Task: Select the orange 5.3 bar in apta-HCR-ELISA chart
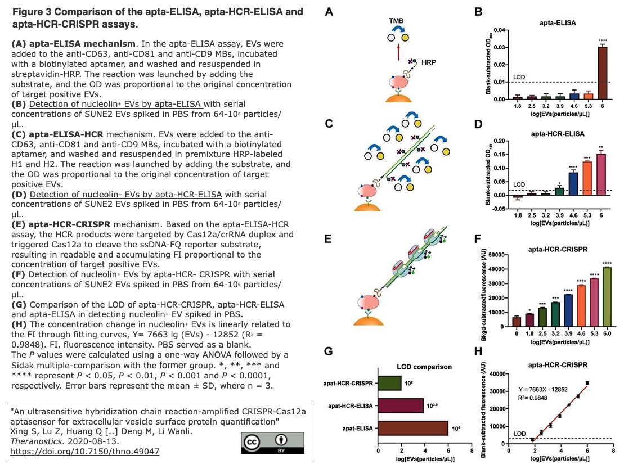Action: click(x=587, y=178)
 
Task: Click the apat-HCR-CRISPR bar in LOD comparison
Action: click(x=389, y=383)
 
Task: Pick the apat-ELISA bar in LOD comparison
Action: click(x=413, y=429)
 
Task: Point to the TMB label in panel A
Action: click(x=396, y=21)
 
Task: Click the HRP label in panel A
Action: click(x=429, y=62)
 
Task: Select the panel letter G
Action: click(x=329, y=350)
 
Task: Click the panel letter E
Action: click(x=329, y=239)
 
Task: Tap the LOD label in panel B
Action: click(x=519, y=78)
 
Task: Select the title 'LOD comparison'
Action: click(x=424, y=367)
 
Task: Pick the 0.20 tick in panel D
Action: click(x=501, y=141)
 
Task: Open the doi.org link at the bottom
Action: click(x=84, y=451)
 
